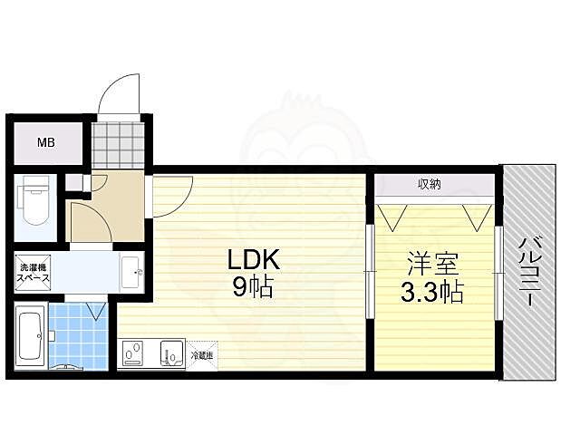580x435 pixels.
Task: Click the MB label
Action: point(46,142)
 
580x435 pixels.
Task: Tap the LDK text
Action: point(254,260)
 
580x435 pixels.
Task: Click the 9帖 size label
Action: point(253,287)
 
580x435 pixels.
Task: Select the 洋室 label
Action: point(433,264)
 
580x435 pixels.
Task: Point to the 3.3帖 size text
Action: point(432,292)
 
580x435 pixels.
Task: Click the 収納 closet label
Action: point(430,184)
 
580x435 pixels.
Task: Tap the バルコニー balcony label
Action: point(527,271)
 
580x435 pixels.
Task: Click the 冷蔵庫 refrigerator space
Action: point(202,355)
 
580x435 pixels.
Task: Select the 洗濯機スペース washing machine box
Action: point(33,272)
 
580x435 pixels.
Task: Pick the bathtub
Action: point(30,335)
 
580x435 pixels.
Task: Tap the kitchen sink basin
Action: point(172,353)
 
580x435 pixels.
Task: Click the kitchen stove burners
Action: point(133,353)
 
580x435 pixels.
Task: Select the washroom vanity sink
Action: point(131,272)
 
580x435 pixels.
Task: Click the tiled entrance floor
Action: point(118,145)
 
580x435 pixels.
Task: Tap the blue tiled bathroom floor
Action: point(78,336)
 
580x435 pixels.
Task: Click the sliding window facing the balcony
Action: point(498,273)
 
